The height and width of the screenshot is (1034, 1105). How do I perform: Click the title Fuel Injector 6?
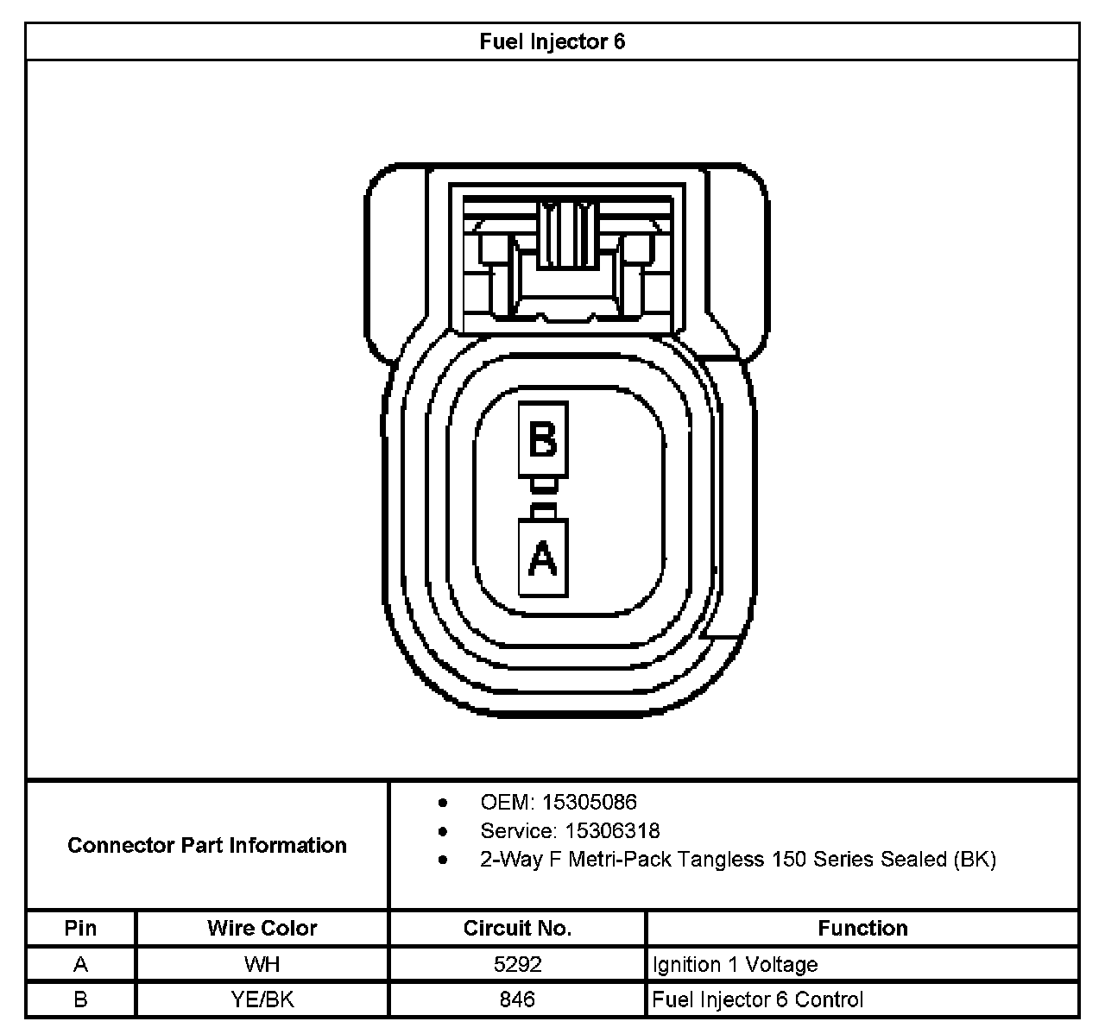[552, 41]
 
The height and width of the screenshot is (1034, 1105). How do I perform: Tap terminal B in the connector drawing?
[543, 440]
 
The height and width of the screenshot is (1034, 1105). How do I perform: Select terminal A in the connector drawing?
[543, 558]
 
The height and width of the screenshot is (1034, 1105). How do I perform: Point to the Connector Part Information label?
[207, 845]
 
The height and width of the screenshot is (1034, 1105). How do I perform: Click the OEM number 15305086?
[589, 802]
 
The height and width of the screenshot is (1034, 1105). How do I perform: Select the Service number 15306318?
[612, 830]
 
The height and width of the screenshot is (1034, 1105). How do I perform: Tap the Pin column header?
[80, 928]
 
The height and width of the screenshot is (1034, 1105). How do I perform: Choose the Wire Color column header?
[262, 928]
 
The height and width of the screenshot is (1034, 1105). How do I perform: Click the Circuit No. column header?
[517, 928]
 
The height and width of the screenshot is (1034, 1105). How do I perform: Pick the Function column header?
[862, 928]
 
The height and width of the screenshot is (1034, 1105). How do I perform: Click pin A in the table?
[80, 964]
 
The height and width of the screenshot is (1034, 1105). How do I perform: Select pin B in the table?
[80, 999]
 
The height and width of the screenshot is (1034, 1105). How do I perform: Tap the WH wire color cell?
[262, 964]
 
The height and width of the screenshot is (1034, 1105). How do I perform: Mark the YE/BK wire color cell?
[262, 999]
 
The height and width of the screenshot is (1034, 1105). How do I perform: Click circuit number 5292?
[517, 964]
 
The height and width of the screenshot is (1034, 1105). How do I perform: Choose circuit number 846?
[517, 999]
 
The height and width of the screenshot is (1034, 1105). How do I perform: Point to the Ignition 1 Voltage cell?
[735, 964]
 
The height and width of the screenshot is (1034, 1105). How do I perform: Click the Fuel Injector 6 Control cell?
[757, 999]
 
